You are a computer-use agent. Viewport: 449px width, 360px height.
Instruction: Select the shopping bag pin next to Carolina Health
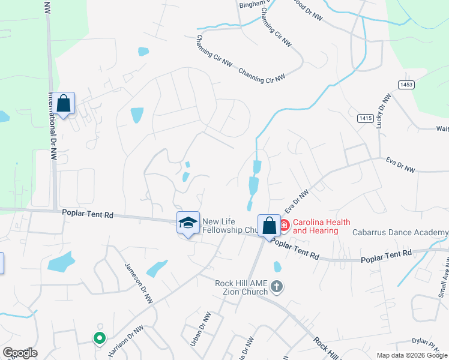coord(270,226)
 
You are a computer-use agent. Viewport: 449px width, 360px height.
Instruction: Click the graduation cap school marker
coord(188,223)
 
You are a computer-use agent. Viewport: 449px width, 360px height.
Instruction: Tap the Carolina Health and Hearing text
coord(315,226)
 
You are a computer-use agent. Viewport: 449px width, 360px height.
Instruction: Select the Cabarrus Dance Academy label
coord(400,232)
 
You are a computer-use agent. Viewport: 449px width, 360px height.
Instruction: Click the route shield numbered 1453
coord(406,85)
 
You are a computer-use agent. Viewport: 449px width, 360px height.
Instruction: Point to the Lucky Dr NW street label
coord(383,111)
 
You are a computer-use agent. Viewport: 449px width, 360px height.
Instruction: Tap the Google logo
coord(20,353)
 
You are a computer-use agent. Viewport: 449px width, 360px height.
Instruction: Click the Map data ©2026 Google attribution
coord(411,355)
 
